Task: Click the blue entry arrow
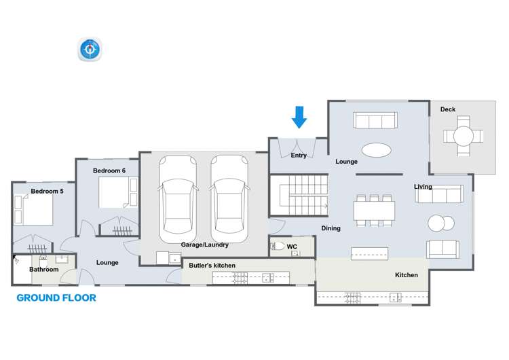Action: (x=299, y=117)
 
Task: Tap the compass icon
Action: (x=90, y=50)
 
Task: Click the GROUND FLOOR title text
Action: (x=56, y=298)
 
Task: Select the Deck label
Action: (x=448, y=109)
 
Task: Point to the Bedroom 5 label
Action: (x=47, y=192)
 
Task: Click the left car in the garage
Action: (x=178, y=199)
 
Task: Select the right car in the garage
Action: (x=229, y=199)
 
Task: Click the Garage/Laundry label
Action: (x=204, y=245)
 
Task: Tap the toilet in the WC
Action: (x=277, y=247)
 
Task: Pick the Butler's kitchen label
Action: (x=212, y=265)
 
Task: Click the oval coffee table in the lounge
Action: (x=375, y=149)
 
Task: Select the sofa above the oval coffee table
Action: (x=375, y=121)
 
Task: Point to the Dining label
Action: (x=331, y=228)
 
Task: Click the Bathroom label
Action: (x=43, y=270)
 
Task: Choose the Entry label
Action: (x=299, y=156)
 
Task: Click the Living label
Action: (x=423, y=187)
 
